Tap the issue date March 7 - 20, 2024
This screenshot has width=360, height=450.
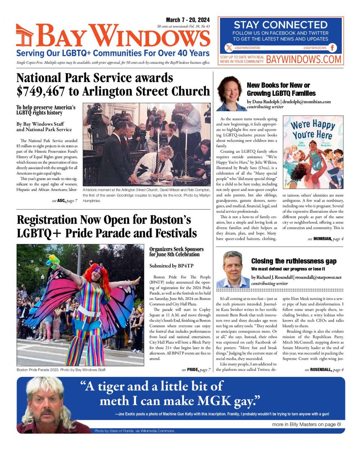pos(188,20)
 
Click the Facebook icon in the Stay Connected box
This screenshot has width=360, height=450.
pos(333,48)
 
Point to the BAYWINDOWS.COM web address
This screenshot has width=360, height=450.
pos(303,59)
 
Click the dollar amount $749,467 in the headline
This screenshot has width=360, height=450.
pos(40,91)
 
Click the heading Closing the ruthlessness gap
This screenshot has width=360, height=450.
pos(294,261)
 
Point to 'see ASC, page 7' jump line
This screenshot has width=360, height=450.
pos(64,201)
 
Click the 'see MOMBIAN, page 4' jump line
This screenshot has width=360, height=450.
pos(325,239)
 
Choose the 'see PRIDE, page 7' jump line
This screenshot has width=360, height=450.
pos(196,370)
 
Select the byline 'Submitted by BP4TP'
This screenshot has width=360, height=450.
pos(171,266)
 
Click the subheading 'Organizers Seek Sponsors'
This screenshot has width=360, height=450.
pos(176,249)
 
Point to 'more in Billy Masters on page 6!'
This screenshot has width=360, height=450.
pos(306,424)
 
